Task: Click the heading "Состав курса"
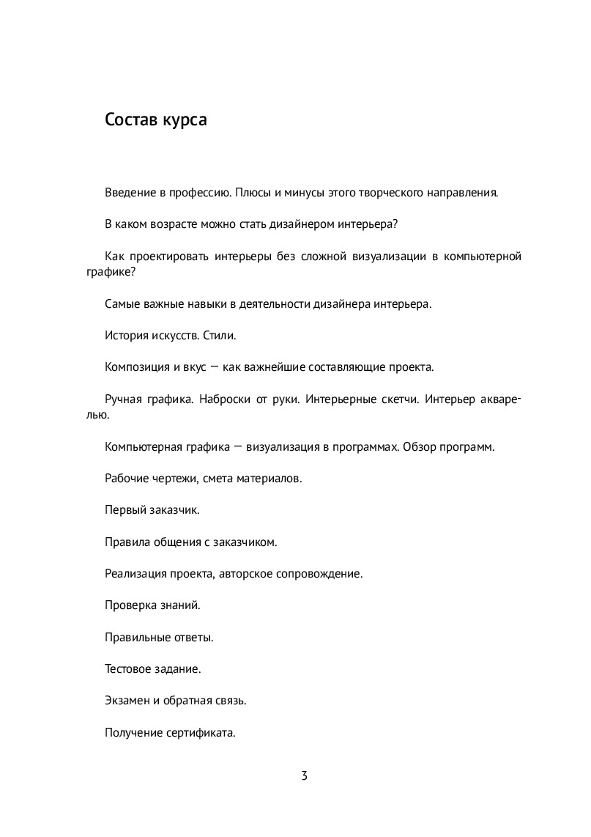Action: coord(155,120)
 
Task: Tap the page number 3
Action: coord(304,776)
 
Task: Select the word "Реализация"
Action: coord(135,573)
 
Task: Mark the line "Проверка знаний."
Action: coord(152,605)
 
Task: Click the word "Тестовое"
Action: coord(128,668)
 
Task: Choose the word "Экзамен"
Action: coord(127,700)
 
